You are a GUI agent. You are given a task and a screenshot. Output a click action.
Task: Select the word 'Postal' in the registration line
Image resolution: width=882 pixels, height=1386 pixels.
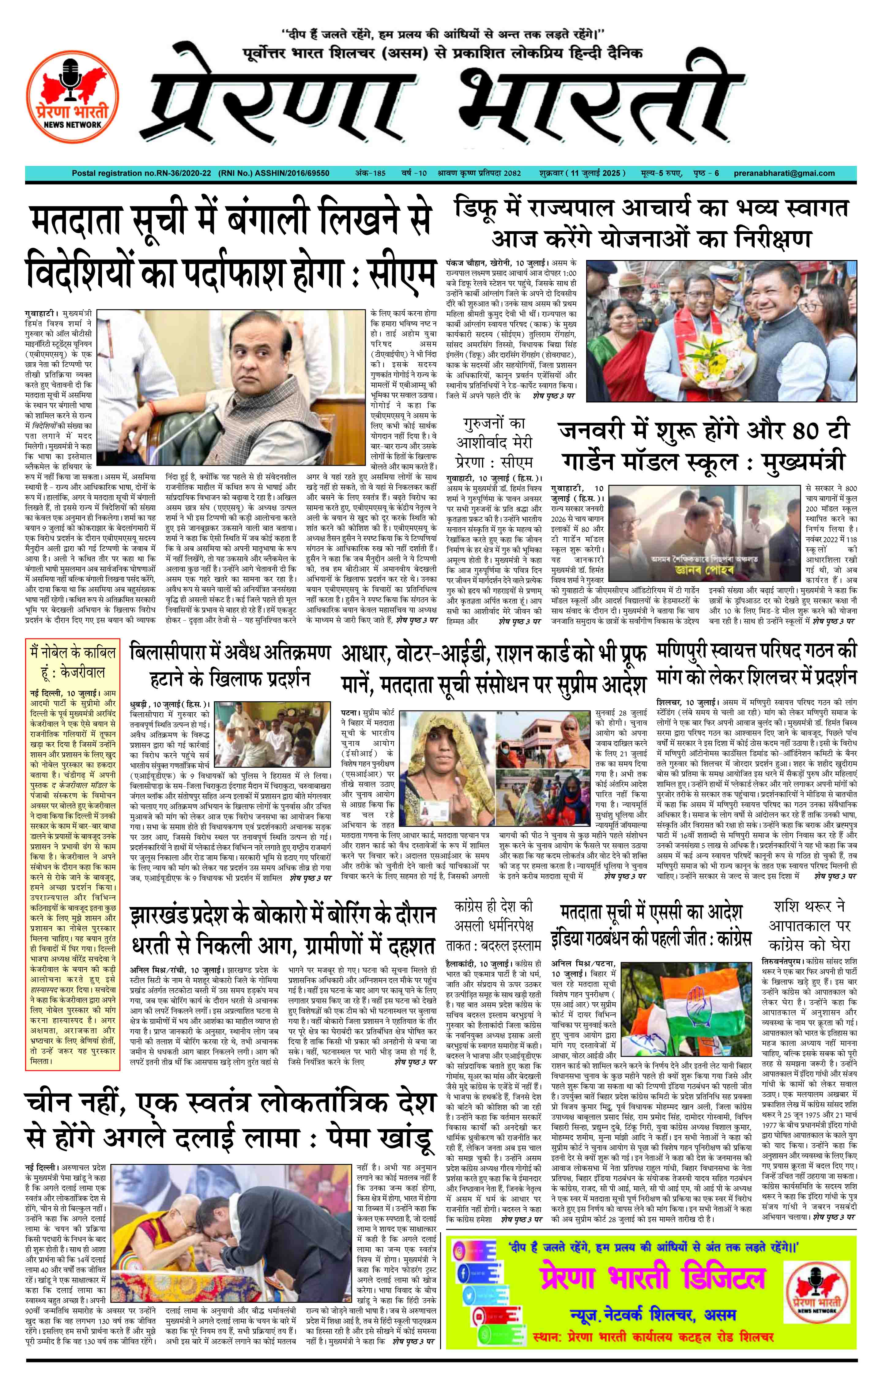coord(84,173)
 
